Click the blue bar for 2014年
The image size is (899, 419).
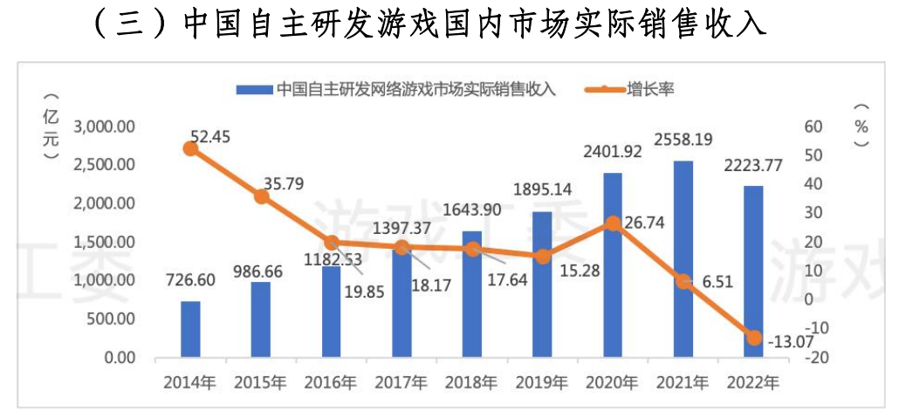click(x=190, y=329)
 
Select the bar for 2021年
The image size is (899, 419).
click(x=683, y=259)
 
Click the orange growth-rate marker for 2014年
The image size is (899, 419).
click(x=191, y=148)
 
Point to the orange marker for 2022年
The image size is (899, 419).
click(x=754, y=337)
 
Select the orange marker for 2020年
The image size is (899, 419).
click(x=613, y=223)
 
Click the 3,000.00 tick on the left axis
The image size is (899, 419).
click(x=104, y=127)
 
